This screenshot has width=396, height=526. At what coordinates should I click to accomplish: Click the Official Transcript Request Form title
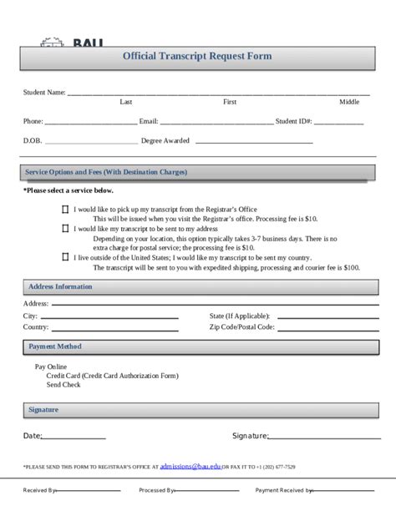coord(197,57)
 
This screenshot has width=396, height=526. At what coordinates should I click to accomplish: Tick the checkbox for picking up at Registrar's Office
coord(66,210)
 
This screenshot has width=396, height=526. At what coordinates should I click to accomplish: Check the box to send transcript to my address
coord(66,228)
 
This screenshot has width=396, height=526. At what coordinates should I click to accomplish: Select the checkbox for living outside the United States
coord(66,258)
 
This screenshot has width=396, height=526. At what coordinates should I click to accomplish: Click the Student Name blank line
coord(217,94)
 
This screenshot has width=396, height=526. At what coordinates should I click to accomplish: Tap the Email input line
coord(216,123)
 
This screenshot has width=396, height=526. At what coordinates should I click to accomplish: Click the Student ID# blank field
coord(338,123)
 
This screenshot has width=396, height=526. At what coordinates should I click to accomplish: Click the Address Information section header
coord(60,286)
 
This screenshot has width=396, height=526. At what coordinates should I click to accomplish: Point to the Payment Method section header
coord(55,346)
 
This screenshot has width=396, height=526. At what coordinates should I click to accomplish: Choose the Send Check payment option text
coord(63,385)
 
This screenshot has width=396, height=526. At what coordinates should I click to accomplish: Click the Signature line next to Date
coord(321,437)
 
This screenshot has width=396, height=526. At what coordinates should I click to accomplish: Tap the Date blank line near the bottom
coord(74,437)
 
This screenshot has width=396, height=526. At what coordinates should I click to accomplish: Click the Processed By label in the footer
coord(156,491)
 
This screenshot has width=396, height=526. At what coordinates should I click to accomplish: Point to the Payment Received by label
coord(283,491)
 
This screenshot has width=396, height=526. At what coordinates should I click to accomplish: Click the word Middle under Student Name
coord(348,102)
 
